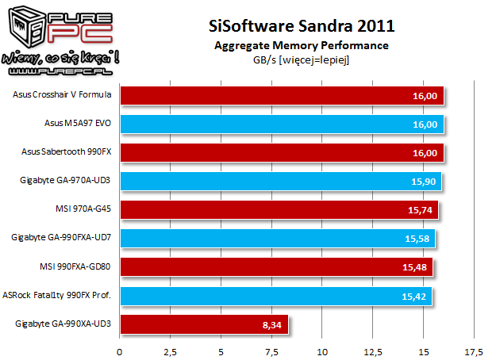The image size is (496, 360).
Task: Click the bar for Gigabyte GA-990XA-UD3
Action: coord(204,324)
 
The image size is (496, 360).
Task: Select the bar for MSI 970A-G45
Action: coord(279,210)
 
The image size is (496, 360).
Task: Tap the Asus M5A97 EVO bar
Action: coord(282,124)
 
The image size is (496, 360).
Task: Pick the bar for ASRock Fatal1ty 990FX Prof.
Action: coord(275,295)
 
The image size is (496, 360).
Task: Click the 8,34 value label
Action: coord(269,324)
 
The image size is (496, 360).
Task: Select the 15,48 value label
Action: coord(415,267)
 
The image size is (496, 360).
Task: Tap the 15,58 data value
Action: coord(417,239)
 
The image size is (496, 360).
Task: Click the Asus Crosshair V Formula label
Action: coord(62,95)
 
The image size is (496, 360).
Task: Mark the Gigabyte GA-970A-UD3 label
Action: coord(66,181)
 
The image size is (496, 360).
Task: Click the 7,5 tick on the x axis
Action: coord(271,351)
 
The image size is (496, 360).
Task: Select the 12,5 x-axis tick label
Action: coord(372,351)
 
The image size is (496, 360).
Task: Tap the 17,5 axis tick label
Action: coord(474,351)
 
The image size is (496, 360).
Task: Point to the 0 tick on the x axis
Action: coord(120,351)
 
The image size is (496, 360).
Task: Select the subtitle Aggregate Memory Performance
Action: coord(301,45)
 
